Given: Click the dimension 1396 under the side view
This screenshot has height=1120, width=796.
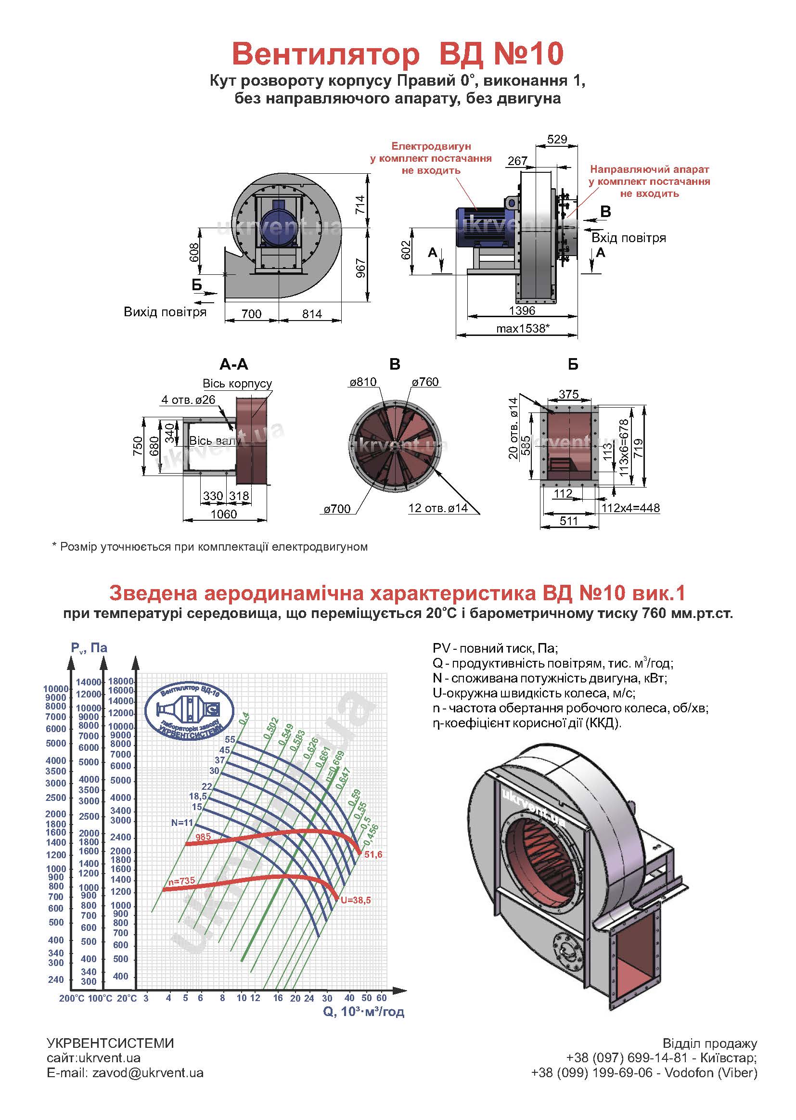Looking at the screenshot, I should click(x=522, y=310).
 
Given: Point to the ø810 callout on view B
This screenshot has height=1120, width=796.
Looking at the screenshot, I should click(x=363, y=382).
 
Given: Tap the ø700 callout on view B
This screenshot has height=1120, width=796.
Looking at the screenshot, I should click(x=337, y=509).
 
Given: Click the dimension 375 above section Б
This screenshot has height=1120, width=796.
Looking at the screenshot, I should click(x=568, y=394).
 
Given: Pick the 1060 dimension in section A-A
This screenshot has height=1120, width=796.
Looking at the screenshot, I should click(x=223, y=514).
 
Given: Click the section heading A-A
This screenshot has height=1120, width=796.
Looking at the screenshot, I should click(x=234, y=364).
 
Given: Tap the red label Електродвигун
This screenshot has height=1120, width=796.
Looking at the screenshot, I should click(x=431, y=146).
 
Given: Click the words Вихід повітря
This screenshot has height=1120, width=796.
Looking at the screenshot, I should click(x=165, y=312).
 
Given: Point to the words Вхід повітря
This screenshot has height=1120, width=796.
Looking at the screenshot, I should click(x=629, y=238).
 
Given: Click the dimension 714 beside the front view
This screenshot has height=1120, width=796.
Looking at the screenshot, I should click(x=361, y=204).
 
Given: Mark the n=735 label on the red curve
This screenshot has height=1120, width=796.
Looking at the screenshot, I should click(x=181, y=881).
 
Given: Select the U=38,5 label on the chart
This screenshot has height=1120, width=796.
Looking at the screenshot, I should click(x=355, y=900).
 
